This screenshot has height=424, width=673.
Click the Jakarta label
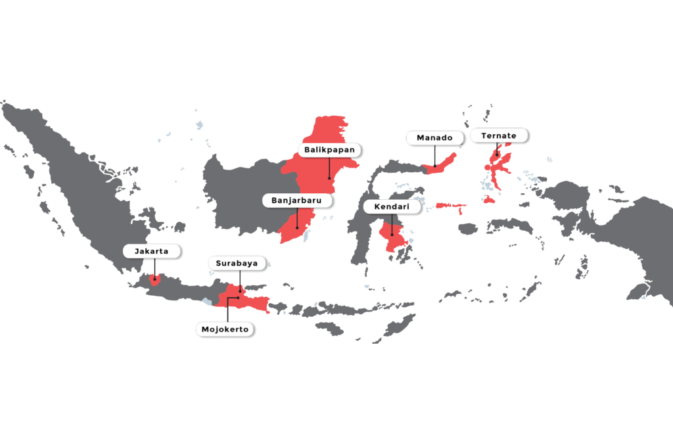coord(152,251)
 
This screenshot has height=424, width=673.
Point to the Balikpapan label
coord(329,150)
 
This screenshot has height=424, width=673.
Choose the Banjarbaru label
coord(297,200)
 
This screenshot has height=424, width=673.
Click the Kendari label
coord(393,206)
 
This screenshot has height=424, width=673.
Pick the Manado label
coord(434,138)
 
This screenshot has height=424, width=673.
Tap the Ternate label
coord(498,135)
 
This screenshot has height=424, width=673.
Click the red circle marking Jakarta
coord(155,279)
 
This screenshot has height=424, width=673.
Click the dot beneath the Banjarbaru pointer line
coord(297,228)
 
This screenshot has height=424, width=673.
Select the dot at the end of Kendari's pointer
coord(393,235)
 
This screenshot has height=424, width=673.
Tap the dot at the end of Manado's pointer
coord(434,164)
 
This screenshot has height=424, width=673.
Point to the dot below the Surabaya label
coord(241,290)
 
